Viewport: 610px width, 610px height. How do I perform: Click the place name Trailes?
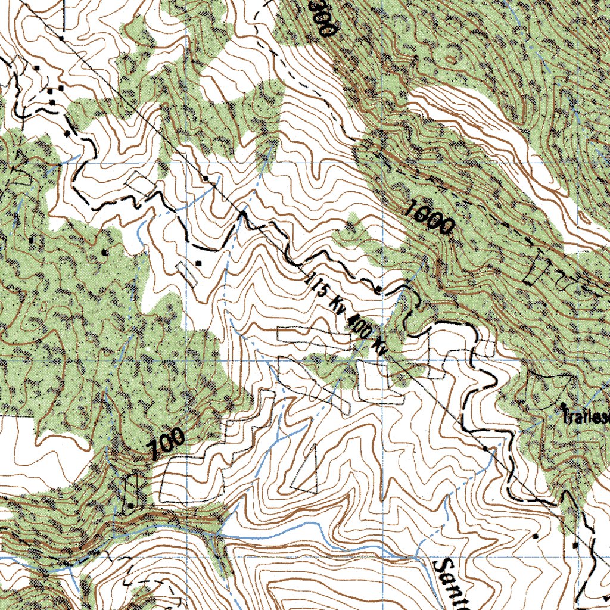587,417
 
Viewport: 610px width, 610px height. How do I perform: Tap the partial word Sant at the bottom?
453,584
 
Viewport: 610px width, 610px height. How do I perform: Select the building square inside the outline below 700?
131,505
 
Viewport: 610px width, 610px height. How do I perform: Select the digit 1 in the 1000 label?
410,208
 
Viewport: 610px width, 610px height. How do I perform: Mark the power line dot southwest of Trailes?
485,447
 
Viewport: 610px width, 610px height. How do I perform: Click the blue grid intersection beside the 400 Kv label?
382,360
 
